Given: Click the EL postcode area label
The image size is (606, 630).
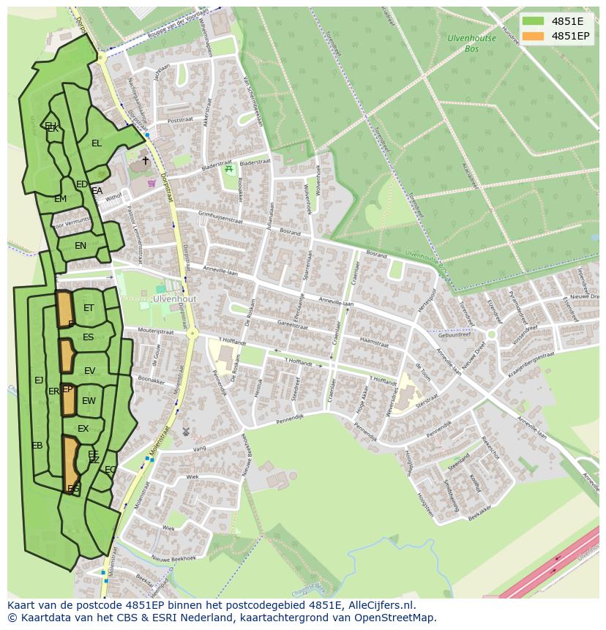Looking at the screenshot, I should click(96, 143).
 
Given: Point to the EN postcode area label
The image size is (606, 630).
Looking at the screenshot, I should click(81, 246).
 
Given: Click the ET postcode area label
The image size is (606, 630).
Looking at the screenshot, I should click(89, 308).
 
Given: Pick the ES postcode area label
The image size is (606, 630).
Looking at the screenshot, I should click(88, 337).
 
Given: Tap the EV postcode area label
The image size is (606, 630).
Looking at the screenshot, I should click(89, 371).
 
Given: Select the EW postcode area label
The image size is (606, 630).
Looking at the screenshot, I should click(89, 401).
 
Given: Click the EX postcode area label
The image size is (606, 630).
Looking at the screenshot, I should click(83, 429).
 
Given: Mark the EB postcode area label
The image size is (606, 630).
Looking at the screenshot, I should click(37, 446).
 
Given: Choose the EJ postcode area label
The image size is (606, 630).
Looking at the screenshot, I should click(39, 380).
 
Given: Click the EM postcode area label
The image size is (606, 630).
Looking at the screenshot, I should click(60, 199).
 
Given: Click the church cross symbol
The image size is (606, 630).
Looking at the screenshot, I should click(145, 160).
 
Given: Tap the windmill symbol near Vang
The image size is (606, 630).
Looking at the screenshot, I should click(185, 432).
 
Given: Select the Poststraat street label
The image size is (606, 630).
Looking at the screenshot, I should click(179, 121).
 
